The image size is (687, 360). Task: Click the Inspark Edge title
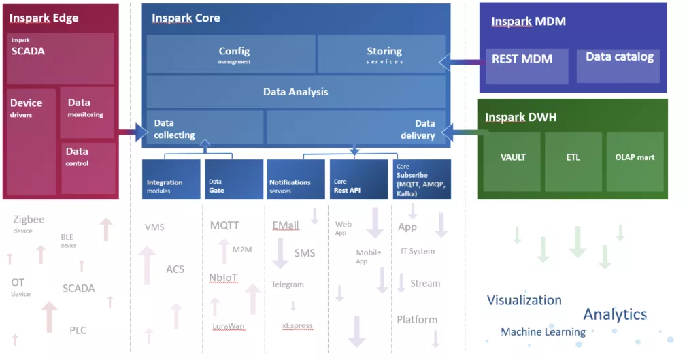(x=44, y=18)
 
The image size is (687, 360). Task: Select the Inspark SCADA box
(x=61, y=59)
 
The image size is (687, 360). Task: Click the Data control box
(x=87, y=167)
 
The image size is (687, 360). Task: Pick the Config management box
(x=231, y=54)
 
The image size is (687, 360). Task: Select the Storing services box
(x=382, y=54)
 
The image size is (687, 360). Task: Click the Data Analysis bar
(x=296, y=91)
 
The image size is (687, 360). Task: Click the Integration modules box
(x=171, y=180)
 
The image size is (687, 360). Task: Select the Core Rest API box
(x=358, y=180)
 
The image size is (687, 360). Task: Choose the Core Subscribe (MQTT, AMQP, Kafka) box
(x=422, y=180)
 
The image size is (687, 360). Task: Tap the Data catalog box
(x=618, y=65)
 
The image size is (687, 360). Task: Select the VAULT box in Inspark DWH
(x=512, y=161)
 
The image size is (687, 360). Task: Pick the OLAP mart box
(x=635, y=161)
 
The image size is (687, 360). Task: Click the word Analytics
(x=615, y=314)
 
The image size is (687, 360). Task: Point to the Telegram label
(x=288, y=284)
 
